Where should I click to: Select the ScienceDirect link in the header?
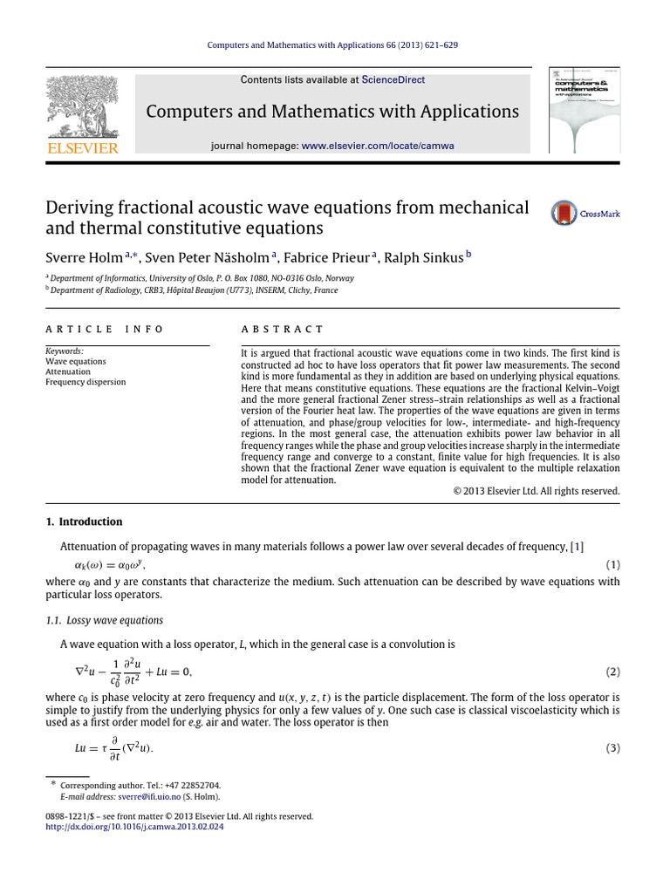click(393, 79)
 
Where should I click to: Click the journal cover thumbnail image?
click(584, 111)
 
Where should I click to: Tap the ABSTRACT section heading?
click(281, 329)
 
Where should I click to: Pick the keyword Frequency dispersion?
click(85, 382)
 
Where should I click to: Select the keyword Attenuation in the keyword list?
click(67, 372)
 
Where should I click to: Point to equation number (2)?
click(612, 672)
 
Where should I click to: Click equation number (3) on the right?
click(612, 749)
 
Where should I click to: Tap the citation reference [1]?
click(577, 547)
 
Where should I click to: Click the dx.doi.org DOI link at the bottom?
click(133, 827)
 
